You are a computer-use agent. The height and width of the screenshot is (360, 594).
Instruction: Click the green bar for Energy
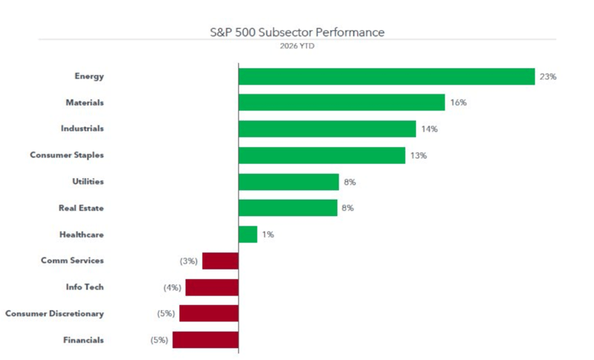click(386, 76)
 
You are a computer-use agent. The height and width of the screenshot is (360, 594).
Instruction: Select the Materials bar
click(342, 102)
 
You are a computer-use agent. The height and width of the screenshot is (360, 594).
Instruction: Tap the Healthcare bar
click(247, 235)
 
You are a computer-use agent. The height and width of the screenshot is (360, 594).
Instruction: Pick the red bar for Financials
click(206, 340)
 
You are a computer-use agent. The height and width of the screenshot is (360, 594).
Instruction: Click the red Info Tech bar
click(212, 287)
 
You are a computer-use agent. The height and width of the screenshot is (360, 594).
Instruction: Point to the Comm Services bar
click(220, 261)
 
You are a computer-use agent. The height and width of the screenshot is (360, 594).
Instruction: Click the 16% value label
click(458, 102)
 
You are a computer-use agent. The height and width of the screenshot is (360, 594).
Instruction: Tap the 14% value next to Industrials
click(429, 129)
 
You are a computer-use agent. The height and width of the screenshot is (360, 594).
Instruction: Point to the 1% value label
click(268, 235)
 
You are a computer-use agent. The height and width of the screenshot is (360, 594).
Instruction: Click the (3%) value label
click(189, 261)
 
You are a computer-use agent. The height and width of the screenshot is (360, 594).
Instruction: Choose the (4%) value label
click(172, 287)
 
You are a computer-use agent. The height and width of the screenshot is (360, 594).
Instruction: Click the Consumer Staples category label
click(67, 155)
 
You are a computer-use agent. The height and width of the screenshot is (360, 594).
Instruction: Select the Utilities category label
click(82, 182)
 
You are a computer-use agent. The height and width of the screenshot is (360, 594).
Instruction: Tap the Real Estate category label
click(81, 208)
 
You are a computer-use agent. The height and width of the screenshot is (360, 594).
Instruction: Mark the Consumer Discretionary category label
click(54, 313)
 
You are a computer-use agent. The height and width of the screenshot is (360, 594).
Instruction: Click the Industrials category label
click(82, 128)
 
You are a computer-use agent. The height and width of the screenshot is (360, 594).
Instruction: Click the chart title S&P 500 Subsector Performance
click(297, 33)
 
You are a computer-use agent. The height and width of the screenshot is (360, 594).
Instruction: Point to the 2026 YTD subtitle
click(296, 46)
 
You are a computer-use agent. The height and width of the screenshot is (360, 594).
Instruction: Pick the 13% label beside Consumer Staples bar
click(419, 155)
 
